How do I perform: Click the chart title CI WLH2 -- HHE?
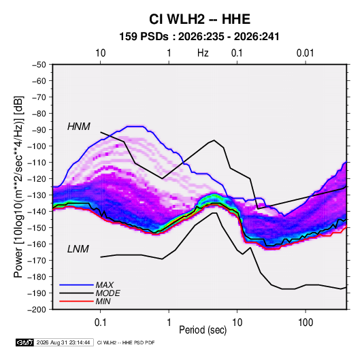point(199,19)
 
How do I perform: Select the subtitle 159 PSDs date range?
point(199,37)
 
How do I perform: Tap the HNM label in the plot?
point(79,127)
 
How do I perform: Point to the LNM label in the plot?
point(78,249)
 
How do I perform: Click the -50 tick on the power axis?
point(39,65)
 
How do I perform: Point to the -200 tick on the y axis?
point(37,310)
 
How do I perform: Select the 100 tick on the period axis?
point(305,323)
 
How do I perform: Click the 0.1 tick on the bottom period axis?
point(100,323)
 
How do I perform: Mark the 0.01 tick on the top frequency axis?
point(305,53)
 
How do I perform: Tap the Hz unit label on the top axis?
point(203,53)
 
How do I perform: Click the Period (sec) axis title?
point(203,330)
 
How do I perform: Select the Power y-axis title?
point(18,187)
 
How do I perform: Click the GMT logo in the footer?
point(25,342)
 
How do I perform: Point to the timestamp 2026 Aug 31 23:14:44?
point(63,342)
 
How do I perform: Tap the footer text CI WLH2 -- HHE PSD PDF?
point(126,342)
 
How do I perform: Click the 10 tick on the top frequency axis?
point(101,53)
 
